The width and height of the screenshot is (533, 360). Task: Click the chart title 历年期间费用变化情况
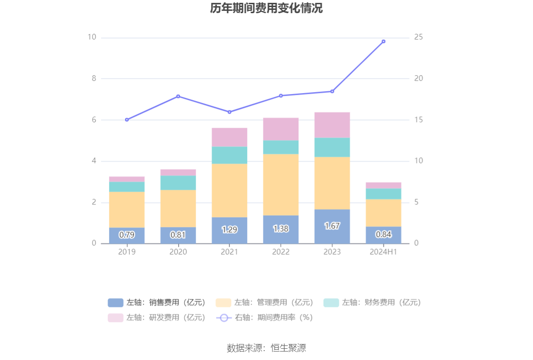(x=266, y=8)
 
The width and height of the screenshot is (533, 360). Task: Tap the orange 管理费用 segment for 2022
(x=281, y=184)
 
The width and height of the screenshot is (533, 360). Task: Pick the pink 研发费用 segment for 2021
(x=229, y=137)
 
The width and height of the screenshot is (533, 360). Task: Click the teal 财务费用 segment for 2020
(x=178, y=183)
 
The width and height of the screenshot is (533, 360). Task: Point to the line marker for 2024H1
(x=384, y=41)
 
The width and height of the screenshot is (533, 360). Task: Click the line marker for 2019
(x=127, y=120)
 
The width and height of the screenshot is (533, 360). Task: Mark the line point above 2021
(x=229, y=112)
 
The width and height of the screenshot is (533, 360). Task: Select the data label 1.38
(x=281, y=229)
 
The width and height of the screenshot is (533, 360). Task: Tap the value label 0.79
(x=127, y=235)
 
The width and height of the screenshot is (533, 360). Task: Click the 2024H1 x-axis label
(x=384, y=252)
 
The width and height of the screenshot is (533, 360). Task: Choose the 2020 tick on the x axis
(x=178, y=252)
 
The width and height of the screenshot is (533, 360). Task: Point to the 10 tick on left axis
(x=92, y=37)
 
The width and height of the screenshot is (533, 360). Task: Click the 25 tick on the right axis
(x=419, y=37)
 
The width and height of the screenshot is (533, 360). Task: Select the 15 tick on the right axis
(x=419, y=120)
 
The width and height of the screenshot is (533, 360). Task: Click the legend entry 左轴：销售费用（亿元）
(x=157, y=303)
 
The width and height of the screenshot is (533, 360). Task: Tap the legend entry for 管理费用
(x=265, y=303)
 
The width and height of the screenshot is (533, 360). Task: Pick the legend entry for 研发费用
(x=157, y=318)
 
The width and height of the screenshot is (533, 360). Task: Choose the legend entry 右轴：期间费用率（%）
(x=265, y=318)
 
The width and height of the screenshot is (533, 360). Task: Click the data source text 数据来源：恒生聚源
(x=266, y=348)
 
